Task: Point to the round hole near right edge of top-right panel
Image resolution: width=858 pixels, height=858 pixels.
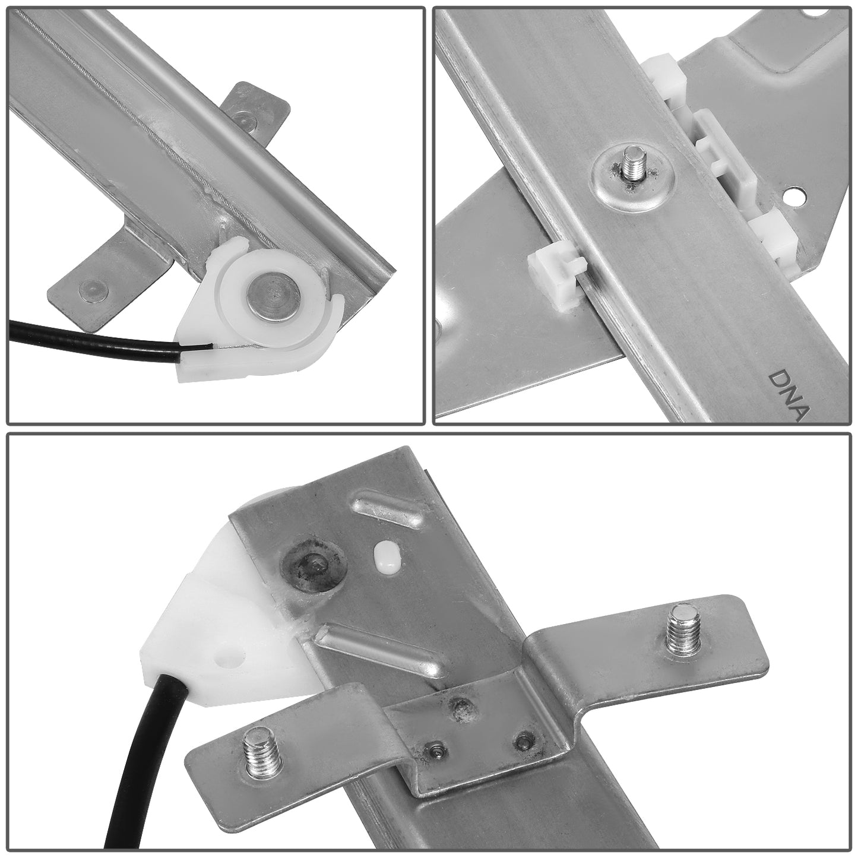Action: pyautogui.click(x=793, y=195)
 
